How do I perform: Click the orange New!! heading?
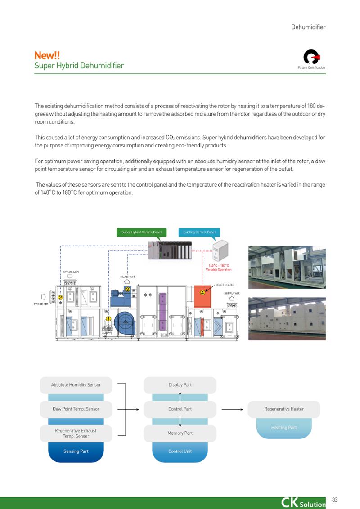pos(47,55)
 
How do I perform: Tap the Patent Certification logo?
pos(311,57)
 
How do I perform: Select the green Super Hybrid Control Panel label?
pos(142,232)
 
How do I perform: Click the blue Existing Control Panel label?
pos(199,232)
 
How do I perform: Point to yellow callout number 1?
pos(108,319)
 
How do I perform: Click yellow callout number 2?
pos(60,297)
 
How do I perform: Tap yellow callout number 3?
pos(128,289)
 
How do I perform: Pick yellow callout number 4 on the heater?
pos(202,292)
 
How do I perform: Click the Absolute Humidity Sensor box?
pos(76,385)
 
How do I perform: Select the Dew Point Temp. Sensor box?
pos(76,409)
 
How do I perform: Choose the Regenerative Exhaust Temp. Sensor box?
pos(76,433)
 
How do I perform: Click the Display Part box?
pos(180,385)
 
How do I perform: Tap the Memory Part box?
pos(180,433)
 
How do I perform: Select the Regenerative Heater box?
pos(284,409)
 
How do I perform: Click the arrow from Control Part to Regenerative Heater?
pos(232,409)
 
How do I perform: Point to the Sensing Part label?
pos(76,451)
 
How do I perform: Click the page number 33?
pos(335,500)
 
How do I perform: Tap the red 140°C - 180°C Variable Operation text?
pos(219,268)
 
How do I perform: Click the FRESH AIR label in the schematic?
pos(41,304)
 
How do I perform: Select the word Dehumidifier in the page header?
pos(308,27)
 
